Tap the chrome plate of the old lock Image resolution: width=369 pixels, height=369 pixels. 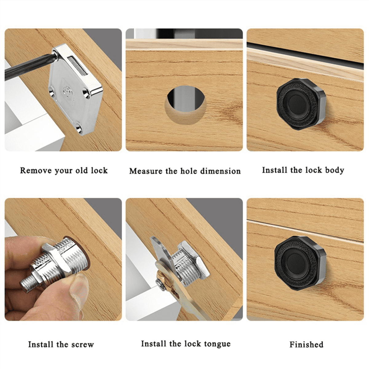click(x=72, y=101)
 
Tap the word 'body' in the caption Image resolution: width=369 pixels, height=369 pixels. click(x=334, y=170)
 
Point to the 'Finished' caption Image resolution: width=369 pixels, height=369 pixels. click(x=306, y=344)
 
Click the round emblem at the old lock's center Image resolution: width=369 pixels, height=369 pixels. click(x=66, y=90)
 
